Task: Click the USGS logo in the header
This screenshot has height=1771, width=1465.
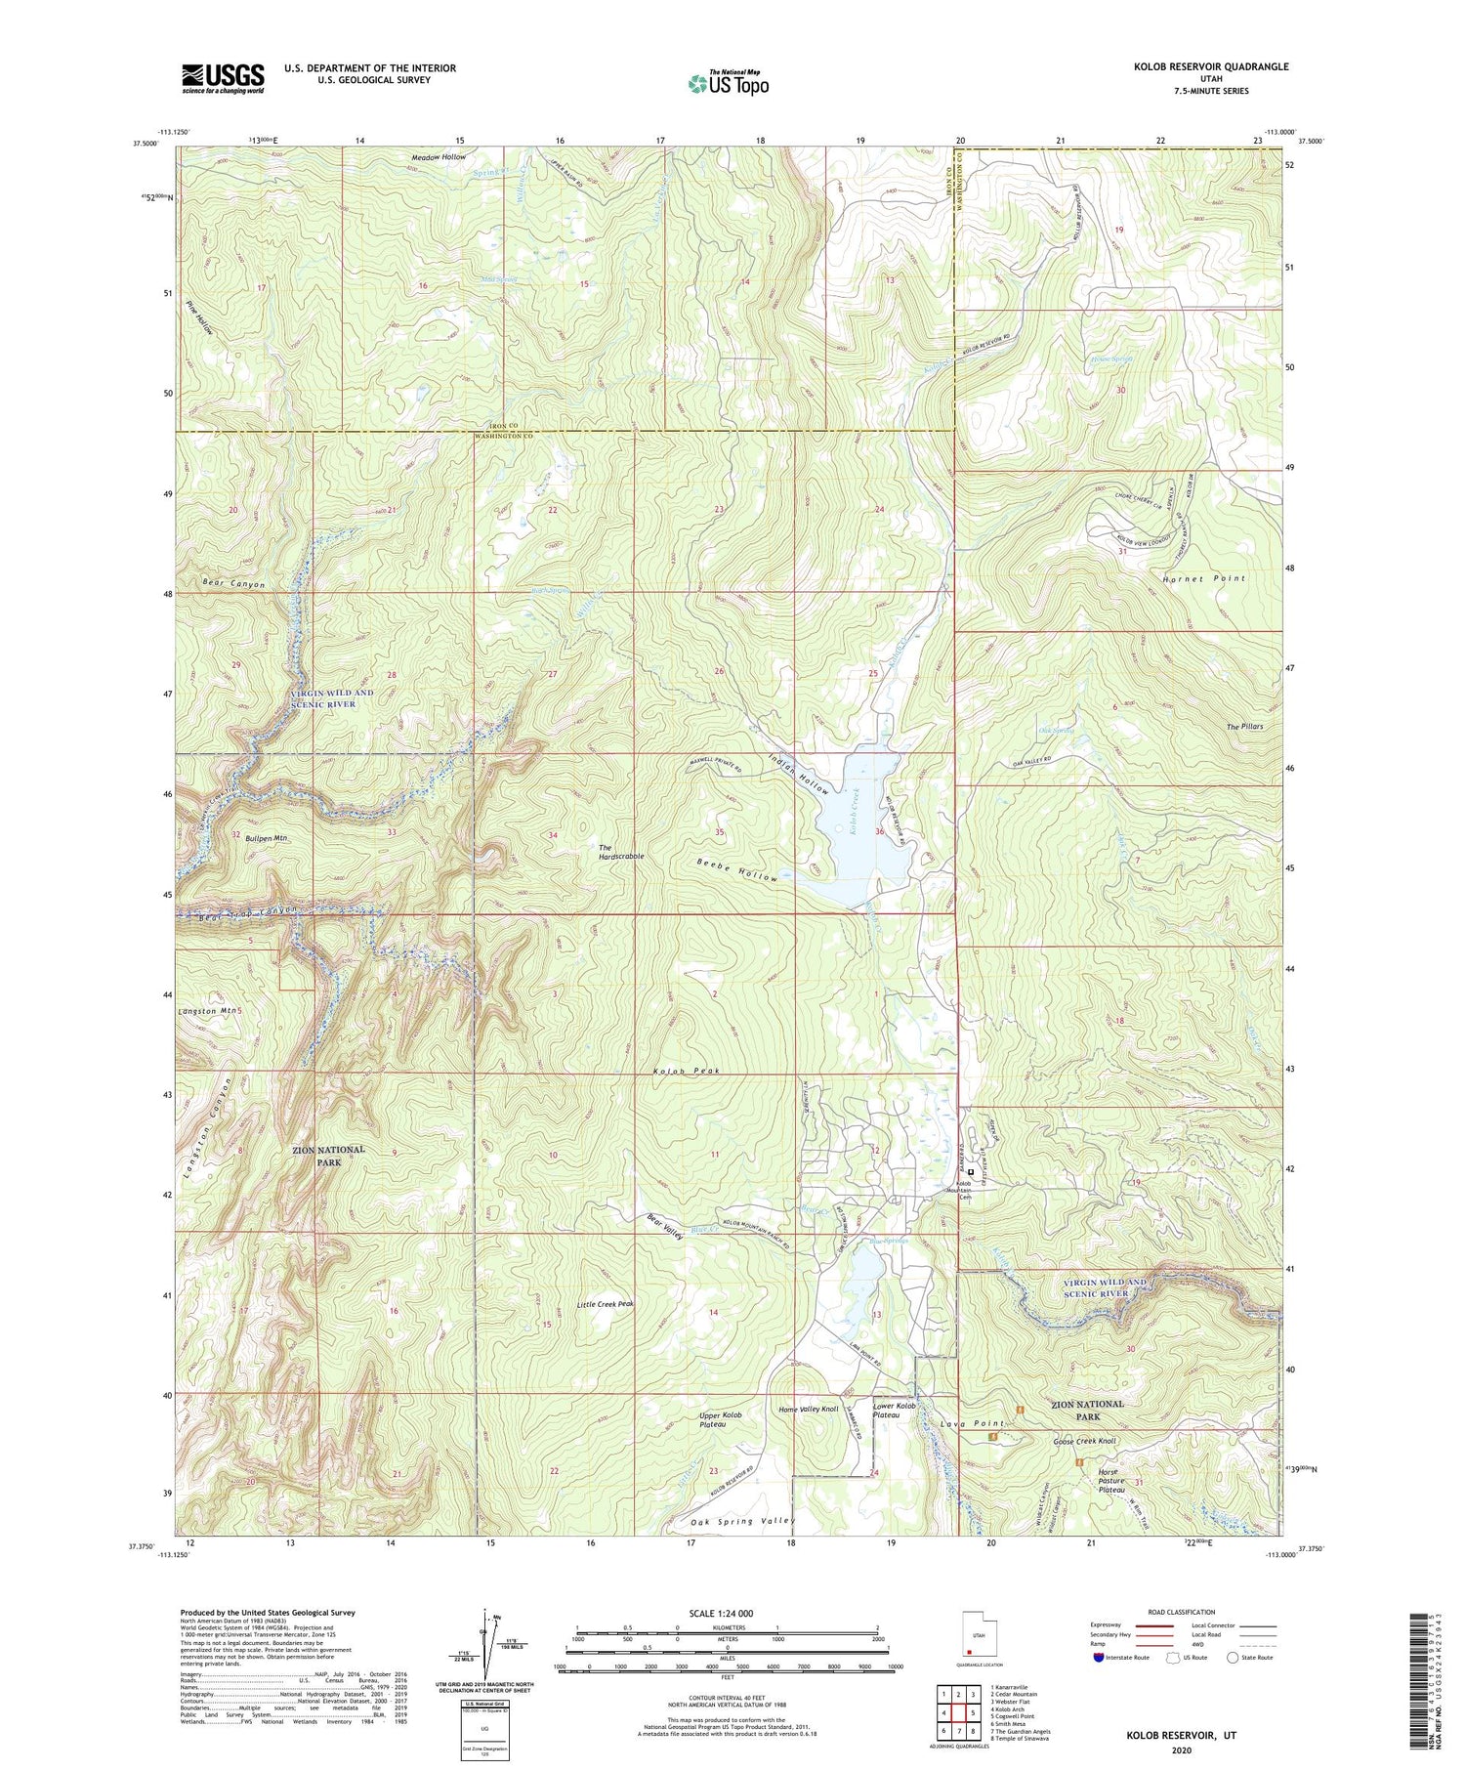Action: [223, 78]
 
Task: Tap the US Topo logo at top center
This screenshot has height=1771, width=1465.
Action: [728, 83]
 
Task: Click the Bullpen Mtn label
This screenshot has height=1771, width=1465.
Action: [267, 838]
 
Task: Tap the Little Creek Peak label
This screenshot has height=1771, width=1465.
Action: [606, 1304]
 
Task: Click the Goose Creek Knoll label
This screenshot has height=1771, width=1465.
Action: [1084, 1441]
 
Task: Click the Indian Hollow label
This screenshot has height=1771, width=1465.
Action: [799, 773]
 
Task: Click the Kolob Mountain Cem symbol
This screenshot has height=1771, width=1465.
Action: [971, 1172]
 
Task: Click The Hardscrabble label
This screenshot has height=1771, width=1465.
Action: [621, 851]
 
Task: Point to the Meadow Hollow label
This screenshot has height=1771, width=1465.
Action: [439, 156]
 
